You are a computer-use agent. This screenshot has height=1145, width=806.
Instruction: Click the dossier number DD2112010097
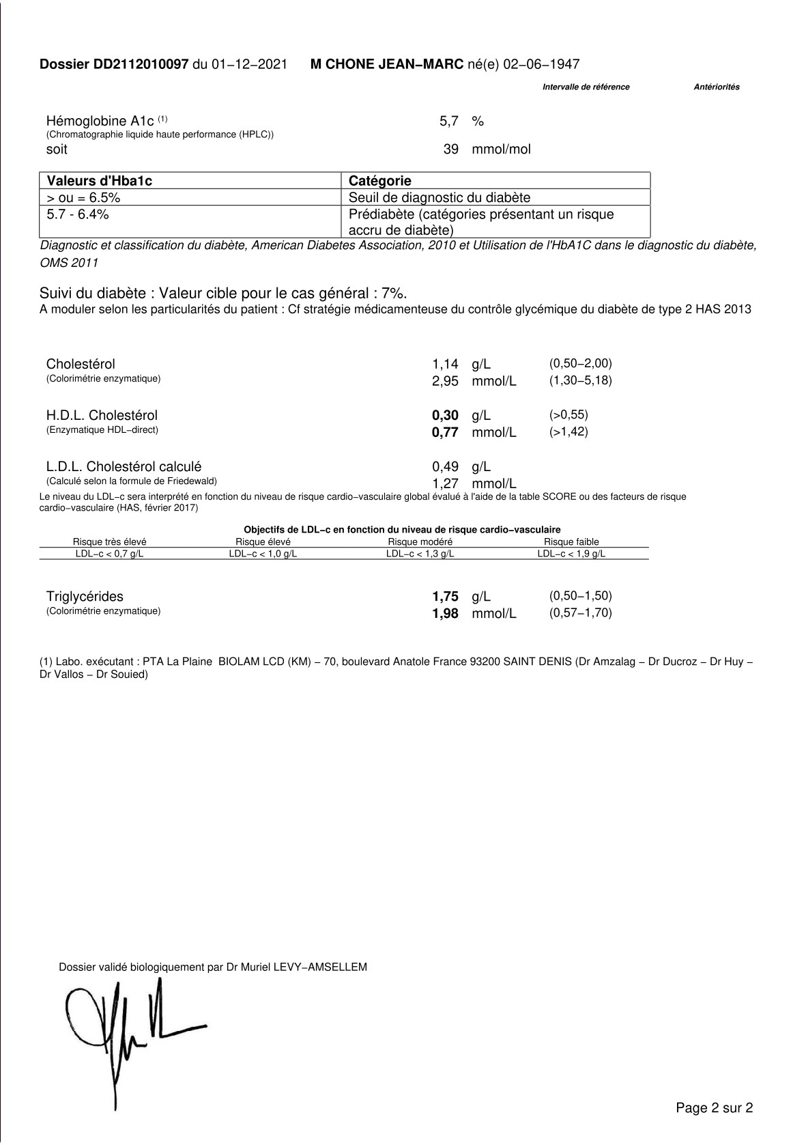tap(141, 65)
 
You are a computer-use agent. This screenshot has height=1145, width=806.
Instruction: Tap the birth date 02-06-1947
tap(541, 65)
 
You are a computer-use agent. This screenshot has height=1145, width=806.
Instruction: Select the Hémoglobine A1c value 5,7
tap(448, 122)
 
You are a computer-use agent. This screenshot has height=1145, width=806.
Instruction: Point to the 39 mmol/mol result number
tap(451, 150)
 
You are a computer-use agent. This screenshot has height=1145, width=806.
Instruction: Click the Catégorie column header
tap(380, 181)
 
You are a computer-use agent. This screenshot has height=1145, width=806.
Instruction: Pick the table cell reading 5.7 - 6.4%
tap(78, 214)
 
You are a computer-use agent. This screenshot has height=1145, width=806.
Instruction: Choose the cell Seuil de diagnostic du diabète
tap(439, 198)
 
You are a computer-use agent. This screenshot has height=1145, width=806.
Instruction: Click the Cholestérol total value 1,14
tap(445, 365)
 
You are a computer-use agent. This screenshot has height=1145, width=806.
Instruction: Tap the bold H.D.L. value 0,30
tap(445, 416)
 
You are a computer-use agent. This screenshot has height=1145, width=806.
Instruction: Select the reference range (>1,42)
tap(568, 432)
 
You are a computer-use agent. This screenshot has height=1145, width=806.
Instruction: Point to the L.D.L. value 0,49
tap(445, 467)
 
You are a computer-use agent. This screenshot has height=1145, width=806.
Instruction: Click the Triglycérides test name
tap(85, 597)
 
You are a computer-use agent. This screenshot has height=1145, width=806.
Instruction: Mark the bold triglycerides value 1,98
tap(445, 614)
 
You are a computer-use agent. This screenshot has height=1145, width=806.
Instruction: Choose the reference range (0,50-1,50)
tap(580, 596)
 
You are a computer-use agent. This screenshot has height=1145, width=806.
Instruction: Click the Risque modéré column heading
tap(420, 542)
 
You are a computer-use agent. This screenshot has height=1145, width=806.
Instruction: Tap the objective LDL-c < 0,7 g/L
tap(109, 554)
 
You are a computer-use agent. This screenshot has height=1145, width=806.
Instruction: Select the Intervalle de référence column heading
tap(586, 87)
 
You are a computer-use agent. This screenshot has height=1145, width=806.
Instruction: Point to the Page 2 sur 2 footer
tap(714, 1107)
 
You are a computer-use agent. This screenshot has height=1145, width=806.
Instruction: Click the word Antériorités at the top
tap(716, 87)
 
